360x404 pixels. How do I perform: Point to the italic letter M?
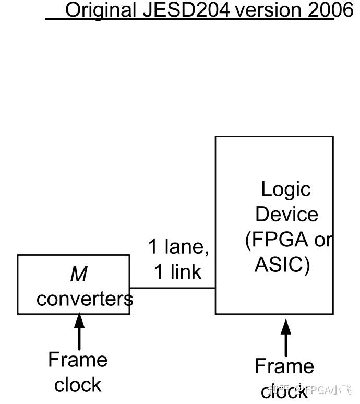tap(78, 274)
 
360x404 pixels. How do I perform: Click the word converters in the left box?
tap(85, 299)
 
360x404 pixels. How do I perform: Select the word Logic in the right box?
tap(285, 189)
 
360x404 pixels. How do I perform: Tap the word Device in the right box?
tap(286, 215)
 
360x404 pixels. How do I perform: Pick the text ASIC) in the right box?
tap(282, 265)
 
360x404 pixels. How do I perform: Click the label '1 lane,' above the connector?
tap(178, 246)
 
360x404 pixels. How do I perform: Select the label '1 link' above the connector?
tap(178, 271)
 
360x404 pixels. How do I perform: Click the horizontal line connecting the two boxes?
tap(172, 288)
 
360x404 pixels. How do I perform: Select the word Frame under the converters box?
tap(78, 360)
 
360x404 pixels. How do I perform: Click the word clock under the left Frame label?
tap(78, 385)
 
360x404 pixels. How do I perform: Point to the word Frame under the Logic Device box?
tap(284, 366)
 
